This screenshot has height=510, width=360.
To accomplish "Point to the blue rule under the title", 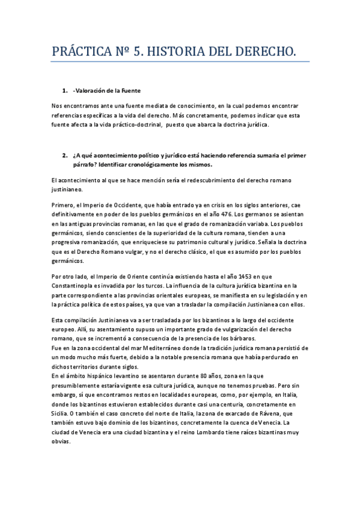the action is [x=180, y=62].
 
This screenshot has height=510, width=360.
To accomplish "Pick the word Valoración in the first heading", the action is [x=91, y=91].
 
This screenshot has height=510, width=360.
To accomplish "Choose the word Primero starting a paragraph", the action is [x=64, y=206].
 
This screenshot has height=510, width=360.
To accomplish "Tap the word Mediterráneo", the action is [x=140, y=348].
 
